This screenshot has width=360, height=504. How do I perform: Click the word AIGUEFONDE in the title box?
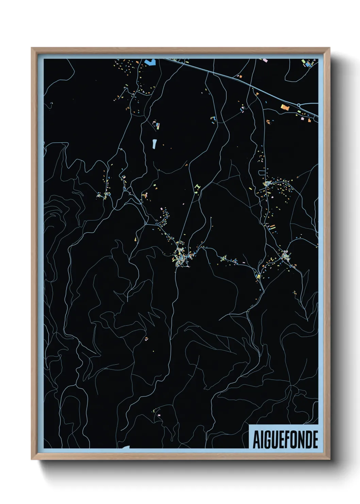point(285,439)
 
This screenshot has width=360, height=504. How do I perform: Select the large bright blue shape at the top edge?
point(150,62)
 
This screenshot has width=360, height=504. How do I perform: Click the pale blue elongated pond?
point(154,144)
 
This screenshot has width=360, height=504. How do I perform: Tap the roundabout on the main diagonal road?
point(298,105)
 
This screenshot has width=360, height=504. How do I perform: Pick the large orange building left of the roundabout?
point(284,108)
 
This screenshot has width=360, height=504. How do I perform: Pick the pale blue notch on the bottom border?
point(126,447)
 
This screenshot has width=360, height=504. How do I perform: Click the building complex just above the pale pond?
point(157,125)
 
